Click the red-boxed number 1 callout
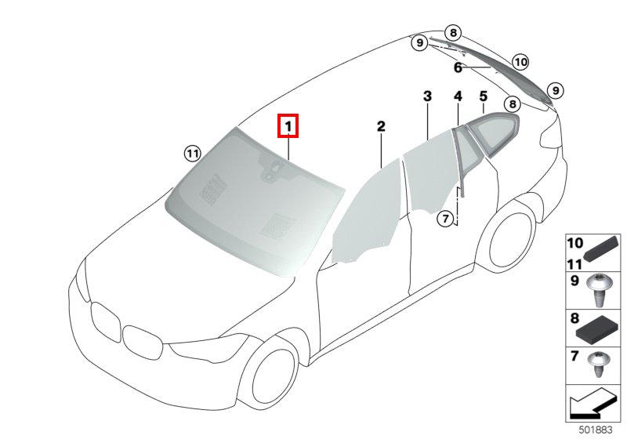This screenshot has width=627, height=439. coord(288,126)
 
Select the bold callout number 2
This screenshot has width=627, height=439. coord(381,126)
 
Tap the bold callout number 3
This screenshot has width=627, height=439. coord(427,96)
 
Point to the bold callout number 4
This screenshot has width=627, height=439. coord(458,96)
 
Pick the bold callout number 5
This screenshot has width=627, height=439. coord(484,96)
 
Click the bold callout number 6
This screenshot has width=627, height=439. coord(458,67)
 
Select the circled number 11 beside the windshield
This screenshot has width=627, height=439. coord(192,154)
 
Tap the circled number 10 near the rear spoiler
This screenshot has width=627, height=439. coord(520,62)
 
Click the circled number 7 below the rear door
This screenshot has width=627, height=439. coord(445,218)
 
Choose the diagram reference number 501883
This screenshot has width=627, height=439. coord(596,430)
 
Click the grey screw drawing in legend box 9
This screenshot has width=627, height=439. coord(598,290)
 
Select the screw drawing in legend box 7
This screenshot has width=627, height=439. coord(598,365)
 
